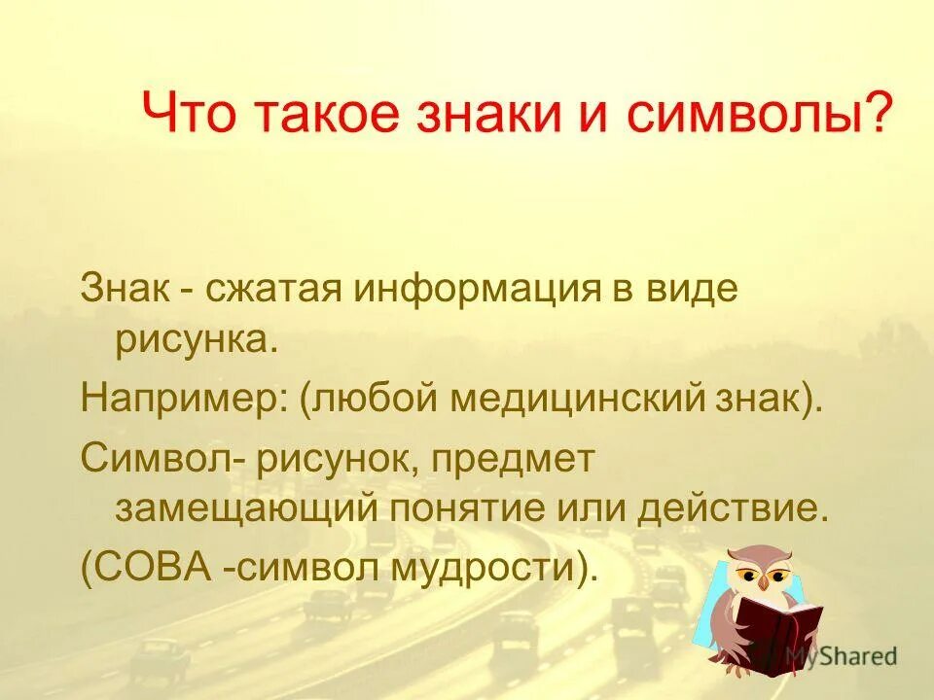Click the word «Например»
tap(180, 400)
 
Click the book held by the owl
tap(778, 627)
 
